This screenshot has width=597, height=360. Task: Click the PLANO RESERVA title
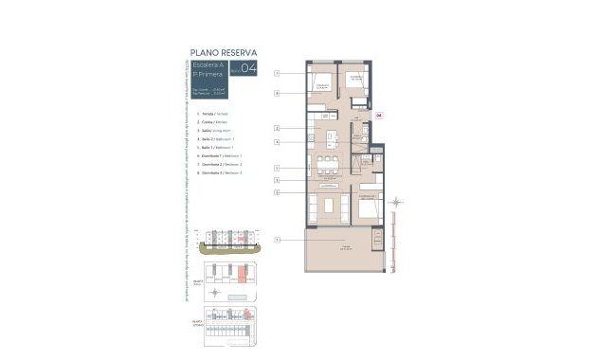223,52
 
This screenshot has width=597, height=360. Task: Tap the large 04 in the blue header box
248,67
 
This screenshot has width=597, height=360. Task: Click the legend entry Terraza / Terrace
209,114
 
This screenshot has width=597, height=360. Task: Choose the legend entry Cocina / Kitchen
209,123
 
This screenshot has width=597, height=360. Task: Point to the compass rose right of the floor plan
397,202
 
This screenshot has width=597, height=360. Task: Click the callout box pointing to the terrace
277,239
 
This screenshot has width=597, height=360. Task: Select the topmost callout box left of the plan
277,73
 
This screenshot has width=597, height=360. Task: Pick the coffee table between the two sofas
329,206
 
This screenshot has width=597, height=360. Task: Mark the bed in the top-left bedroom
322,83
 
